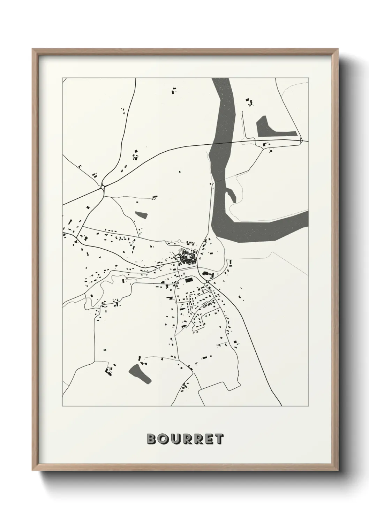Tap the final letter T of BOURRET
coord(219,439)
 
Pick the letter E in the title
coord(208,439)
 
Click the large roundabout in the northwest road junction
coord(103,188)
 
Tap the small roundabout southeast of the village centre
coord(207,282)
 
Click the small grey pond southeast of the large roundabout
coord(142,214)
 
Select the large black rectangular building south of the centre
coord(189,280)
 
